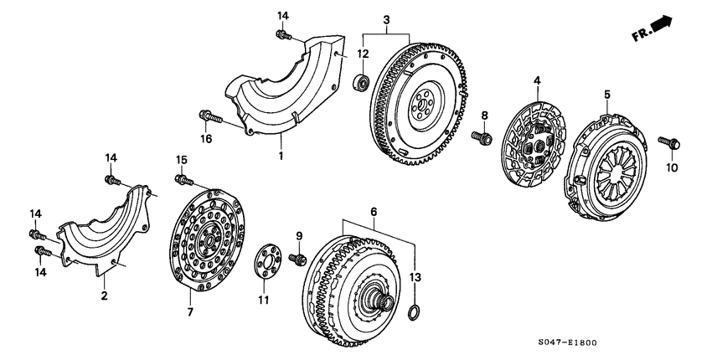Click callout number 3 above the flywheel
click(386, 19)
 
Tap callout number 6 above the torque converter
click(374, 213)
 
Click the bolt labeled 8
click(481, 136)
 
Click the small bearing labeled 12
click(363, 82)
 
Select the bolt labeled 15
click(183, 177)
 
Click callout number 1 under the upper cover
click(281, 157)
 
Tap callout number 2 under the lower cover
click(105, 296)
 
